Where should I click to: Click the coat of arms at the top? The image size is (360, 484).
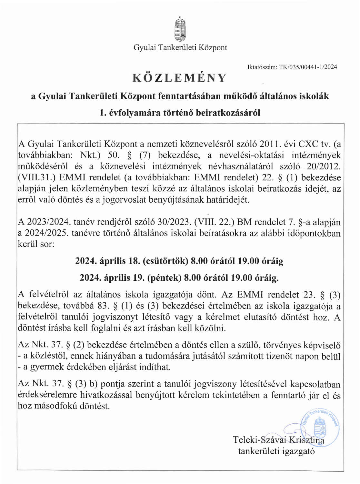click(x=180, y=30)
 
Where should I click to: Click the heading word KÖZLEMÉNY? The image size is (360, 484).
click(x=180, y=78)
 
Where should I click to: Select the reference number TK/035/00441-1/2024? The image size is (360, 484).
click(x=308, y=67)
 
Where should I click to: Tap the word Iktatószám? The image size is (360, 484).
click(x=262, y=67)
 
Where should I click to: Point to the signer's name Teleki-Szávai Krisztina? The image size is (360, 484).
click(x=278, y=440)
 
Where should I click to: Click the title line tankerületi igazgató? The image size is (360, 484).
click(x=276, y=451)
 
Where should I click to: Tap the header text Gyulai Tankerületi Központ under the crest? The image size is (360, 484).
click(x=180, y=48)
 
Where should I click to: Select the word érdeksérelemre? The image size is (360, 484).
click(x=47, y=395)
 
